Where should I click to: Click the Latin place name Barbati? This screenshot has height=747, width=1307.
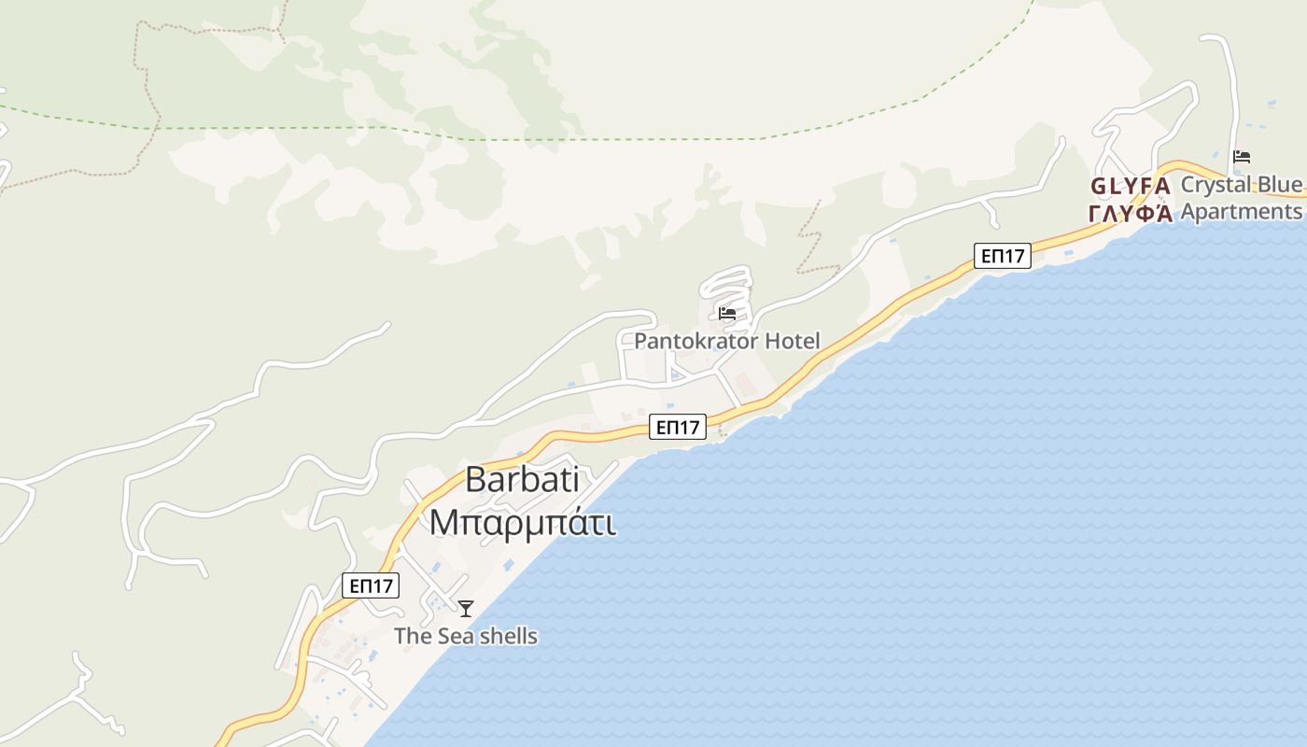tap(522, 480)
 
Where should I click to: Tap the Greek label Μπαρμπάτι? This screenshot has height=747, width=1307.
tap(522, 522)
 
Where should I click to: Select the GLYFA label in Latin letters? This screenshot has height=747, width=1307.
tap(1130, 186)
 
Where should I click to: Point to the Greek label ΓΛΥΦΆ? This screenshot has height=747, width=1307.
tap(1130, 213)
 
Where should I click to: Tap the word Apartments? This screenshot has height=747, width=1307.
tap(1241, 211)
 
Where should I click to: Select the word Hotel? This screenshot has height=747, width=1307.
tap(792, 341)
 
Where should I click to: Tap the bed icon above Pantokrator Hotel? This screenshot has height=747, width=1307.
tap(727, 314)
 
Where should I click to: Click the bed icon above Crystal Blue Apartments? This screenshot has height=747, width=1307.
tap(1241, 157)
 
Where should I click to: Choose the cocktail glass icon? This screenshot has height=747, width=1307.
tap(466, 609)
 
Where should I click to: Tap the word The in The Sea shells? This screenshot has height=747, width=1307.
tap(410, 636)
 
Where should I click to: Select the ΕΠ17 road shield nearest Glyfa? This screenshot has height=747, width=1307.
tap(1002, 256)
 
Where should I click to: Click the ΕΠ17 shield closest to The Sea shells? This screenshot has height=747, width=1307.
tap(371, 585)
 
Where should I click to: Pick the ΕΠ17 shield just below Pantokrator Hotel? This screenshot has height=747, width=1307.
tap(678, 428)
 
